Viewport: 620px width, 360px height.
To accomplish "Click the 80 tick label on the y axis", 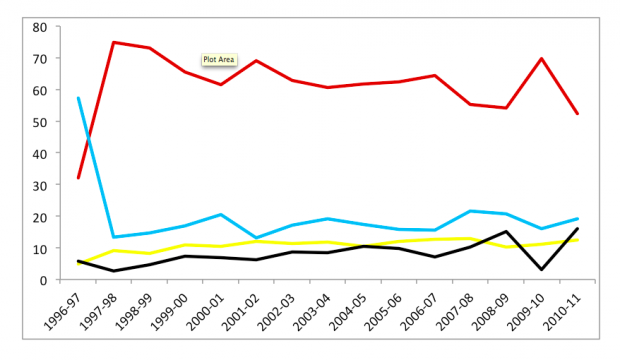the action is click(40, 27).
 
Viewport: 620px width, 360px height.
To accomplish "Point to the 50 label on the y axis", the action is click(40, 122).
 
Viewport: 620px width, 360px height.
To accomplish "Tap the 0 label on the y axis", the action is click(43, 280).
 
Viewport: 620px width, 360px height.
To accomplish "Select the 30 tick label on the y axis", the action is click(40, 186).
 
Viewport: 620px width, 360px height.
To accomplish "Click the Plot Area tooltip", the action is click(219, 60).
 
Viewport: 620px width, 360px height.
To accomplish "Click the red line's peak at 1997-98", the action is click(113, 42).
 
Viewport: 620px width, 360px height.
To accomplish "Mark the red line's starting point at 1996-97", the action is click(78, 178).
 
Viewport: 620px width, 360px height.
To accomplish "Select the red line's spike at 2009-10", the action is click(541, 59).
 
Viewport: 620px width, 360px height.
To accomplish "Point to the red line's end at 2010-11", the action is click(577, 114).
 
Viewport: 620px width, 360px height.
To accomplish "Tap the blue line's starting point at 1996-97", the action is click(78, 98).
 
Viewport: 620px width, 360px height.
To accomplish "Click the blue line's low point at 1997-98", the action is click(113, 237).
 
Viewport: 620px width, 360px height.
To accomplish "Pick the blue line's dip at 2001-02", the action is click(256, 238).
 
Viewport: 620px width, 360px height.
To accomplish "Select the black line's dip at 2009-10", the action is click(541, 269).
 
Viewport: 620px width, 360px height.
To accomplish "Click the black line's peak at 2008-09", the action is click(506, 231).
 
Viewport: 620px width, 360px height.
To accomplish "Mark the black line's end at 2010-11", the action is click(577, 229).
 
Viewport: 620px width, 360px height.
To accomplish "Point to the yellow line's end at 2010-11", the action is click(577, 240).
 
